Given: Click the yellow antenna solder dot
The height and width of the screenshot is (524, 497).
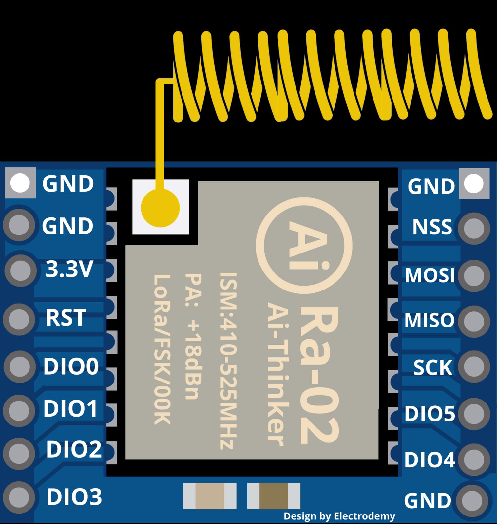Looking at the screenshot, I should click(160, 208).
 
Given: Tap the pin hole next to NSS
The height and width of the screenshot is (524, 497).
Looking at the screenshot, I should click(474, 228).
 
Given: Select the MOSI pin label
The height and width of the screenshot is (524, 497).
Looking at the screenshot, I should click(430, 275).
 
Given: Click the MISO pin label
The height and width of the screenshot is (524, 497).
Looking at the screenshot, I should click(429, 320).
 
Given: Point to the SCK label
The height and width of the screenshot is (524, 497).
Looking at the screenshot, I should click(432, 367).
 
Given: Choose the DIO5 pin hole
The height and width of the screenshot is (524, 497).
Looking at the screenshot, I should click(474, 413).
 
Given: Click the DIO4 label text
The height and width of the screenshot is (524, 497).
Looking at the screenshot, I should click(430, 460).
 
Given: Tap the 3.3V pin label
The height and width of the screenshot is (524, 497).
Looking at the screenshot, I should click(69, 270).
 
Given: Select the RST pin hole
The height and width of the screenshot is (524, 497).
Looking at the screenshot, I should click(19, 319).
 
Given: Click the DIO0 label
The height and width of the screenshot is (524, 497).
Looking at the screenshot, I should click(71, 366).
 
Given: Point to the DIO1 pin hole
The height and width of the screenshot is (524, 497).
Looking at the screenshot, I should click(19, 410).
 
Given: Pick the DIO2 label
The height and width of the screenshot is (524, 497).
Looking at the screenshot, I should click(74, 449).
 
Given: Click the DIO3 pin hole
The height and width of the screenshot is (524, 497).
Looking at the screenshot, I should click(19, 496).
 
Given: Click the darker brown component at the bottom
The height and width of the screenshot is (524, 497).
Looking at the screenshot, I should click(274, 496).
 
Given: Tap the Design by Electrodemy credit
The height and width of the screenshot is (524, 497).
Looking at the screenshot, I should click(339, 516).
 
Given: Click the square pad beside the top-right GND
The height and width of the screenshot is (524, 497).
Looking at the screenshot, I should click(474, 183).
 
